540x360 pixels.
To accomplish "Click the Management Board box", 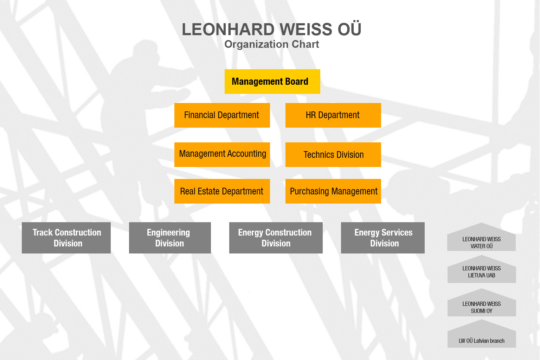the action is click(x=272, y=82).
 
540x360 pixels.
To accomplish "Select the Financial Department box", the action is click(x=222, y=115).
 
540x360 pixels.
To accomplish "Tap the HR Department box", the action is click(x=333, y=115).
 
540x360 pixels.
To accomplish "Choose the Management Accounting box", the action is click(x=222, y=155).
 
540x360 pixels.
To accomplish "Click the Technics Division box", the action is click(x=333, y=155).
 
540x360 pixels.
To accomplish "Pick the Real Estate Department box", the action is click(x=222, y=191).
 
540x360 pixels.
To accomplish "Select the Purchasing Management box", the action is click(x=333, y=191).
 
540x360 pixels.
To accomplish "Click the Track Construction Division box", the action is click(x=66, y=238).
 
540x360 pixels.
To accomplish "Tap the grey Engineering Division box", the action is click(x=170, y=238).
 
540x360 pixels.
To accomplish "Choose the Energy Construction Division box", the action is click(x=276, y=238).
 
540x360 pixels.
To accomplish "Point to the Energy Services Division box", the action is click(x=383, y=238).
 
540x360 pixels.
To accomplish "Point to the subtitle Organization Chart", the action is click(x=272, y=44).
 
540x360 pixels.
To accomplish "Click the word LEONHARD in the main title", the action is click(x=228, y=30).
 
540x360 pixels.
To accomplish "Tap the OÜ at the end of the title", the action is click(x=349, y=28).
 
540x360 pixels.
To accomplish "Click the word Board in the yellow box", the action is click(x=296, y=82).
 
